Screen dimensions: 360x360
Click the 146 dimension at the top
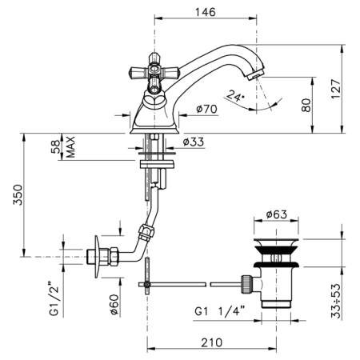coord(205,12)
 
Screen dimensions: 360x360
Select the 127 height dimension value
coord(336,89)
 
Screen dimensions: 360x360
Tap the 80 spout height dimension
coord(306,106)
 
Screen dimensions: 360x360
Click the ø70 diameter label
coord(207,109)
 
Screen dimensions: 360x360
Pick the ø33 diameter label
coord(194,142)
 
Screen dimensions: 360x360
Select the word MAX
coord(70,147)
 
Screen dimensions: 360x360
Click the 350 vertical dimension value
coord(18,194)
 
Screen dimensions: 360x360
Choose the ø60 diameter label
coord(114,304)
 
